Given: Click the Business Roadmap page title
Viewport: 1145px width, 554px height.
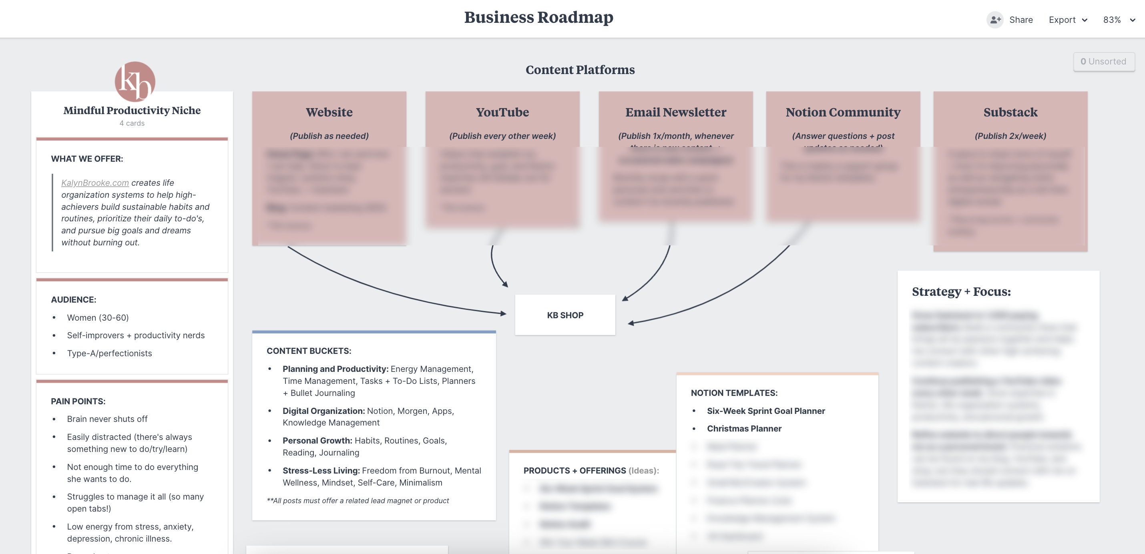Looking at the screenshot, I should [x=538, y=17].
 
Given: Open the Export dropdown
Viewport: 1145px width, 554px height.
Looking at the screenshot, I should [x=1068, y=20].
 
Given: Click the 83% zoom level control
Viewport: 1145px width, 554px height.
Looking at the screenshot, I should [x=1118, y=20].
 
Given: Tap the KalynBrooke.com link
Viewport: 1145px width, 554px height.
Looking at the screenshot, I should [x=94, y=183].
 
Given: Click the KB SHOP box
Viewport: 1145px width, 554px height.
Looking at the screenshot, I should [x=565, y=315].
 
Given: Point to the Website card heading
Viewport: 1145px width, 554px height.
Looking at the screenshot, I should [x=329, y=112].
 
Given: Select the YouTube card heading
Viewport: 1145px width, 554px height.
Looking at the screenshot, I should [x=502, y=112].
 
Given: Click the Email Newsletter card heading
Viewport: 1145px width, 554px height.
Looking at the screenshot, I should [x=676, y=112].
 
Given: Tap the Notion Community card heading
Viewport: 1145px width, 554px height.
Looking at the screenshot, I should [x=843, y=112].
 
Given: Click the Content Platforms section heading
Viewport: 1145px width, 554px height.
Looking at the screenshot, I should [x=580, y=70].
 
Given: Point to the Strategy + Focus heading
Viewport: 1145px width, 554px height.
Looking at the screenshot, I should [x=961, y=291].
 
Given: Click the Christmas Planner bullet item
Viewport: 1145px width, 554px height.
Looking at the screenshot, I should [x=744, y=429].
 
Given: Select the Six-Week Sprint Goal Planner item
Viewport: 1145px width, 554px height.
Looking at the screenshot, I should [x=765, y=411].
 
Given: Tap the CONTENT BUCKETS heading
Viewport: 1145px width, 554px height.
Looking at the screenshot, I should [x=309, y=351].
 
